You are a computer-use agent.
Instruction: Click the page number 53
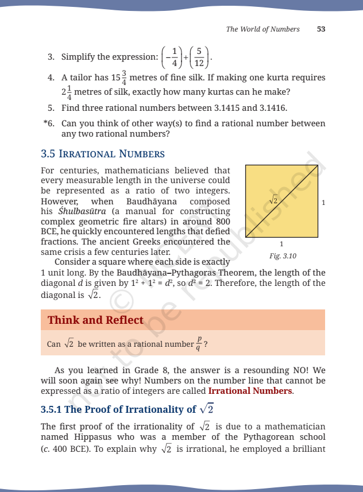[322, 29]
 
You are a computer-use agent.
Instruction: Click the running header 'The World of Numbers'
[262, 29]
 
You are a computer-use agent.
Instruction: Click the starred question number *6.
[49, 123]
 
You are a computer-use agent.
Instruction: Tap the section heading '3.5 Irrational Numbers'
[103, 154]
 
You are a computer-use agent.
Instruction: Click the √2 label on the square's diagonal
[273, 200]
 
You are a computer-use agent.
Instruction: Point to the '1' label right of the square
[324, 202]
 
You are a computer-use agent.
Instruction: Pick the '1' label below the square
[281, 243]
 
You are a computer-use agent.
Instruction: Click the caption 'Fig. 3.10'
[283, 255]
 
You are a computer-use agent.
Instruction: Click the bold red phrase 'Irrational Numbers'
[250, 391]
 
